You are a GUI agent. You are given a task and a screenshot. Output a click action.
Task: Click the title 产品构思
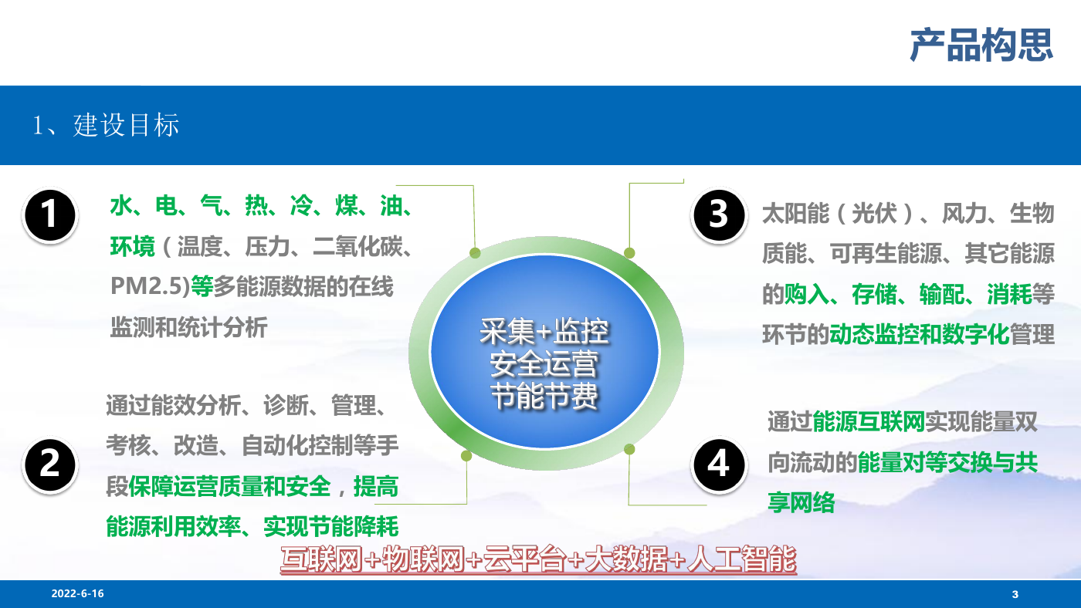coord(981,46)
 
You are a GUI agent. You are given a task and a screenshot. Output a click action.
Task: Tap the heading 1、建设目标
coord(106,125)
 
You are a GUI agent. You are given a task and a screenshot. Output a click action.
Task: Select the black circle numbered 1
coord(49,214)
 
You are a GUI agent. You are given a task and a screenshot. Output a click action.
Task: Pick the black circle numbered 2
coord(49,464)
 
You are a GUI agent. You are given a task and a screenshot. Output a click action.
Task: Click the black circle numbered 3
coord(719,214)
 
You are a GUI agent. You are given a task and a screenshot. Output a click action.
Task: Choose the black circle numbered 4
coord(719,464)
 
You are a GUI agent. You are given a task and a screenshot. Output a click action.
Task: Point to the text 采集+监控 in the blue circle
coord(544,332)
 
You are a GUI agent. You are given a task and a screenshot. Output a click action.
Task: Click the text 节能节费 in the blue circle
coord(544,397)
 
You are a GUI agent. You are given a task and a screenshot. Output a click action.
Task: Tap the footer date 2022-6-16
coord(78,593)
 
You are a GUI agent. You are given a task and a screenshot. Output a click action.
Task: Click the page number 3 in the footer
coord(1015,595)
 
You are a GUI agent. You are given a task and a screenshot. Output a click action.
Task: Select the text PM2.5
coord(147,286)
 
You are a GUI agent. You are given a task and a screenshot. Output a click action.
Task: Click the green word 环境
coord(133,246)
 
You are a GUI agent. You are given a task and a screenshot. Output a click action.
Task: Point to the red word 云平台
coord(524,559)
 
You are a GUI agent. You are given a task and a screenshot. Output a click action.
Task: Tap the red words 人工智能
coord(742,559)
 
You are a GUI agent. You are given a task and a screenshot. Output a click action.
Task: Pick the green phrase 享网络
coord(801,503)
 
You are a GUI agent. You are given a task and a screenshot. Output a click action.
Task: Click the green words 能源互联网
coord(869,422)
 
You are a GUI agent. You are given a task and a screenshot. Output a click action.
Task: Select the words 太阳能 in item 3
coord(796,213)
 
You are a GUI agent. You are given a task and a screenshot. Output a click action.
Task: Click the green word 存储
coord(874,294)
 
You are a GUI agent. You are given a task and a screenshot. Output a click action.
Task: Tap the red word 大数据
coord(627,559)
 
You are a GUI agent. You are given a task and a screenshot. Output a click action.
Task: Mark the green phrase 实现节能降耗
coord(331,526)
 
